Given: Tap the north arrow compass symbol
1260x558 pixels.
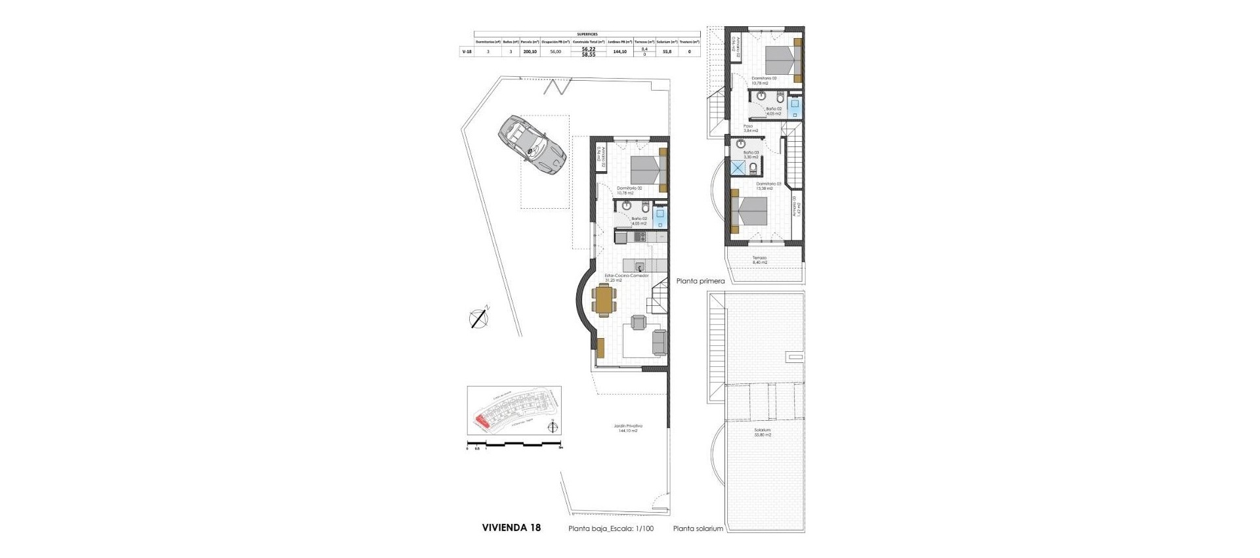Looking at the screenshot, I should (x=480, y=318).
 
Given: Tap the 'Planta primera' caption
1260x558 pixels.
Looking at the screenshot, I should (x=700, y=281).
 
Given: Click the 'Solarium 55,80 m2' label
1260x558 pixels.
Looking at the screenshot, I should (x=762, y=433).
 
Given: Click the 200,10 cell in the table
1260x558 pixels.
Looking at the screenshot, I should (x=530, y=51).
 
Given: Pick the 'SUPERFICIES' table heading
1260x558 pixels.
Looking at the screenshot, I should (x=586, y=33).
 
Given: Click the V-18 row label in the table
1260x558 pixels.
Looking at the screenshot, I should (x=466, y=51).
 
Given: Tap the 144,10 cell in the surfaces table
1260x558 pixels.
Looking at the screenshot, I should (x=619, y=51).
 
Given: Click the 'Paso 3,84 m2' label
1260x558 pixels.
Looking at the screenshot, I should (x=750, y=128).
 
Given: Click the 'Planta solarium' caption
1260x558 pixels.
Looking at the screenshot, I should (x=698, y=528).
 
